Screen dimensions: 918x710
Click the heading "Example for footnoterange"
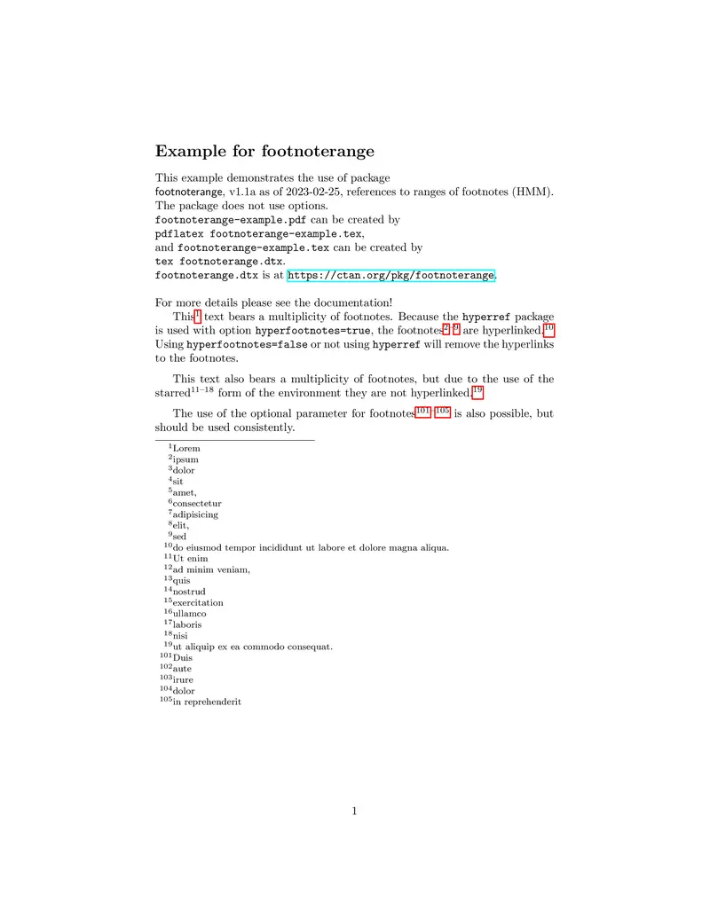tap(264, 152)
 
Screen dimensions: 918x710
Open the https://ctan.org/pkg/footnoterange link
tap(390, 276)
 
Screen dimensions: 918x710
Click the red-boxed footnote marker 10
tap(548, 328)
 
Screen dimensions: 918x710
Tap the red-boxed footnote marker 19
tap(477, 391)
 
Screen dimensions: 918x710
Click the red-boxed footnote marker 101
tap(423, 411)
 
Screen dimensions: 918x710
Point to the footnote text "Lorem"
tap(186, 449)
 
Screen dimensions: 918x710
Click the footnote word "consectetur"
tap(197, 504)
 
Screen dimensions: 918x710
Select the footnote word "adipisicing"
tap(195, 514)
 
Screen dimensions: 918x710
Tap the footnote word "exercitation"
tap(198, 603)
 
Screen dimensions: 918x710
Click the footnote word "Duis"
tap(183, 658)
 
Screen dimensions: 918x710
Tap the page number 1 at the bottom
tap(354, 810)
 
